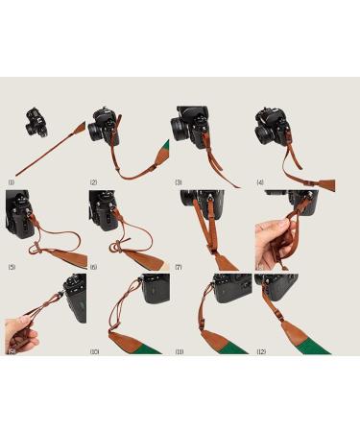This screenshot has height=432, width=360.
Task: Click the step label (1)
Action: (11, 181)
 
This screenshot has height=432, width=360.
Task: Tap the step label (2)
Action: (93, 181)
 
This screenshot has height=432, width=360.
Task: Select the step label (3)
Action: (178, 181)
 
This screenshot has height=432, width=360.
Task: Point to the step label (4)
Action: (260, 181)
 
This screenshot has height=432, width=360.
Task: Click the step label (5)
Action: (11, 266)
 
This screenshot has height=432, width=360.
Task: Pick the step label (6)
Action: (93, 266)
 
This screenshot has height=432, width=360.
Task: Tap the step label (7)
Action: (178, 266)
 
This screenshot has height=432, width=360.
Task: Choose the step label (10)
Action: (94, 351)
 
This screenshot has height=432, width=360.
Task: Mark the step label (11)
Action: (179, 351)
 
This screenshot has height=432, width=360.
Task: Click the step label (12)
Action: (261, 351)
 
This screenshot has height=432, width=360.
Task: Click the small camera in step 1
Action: (35, 123)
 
